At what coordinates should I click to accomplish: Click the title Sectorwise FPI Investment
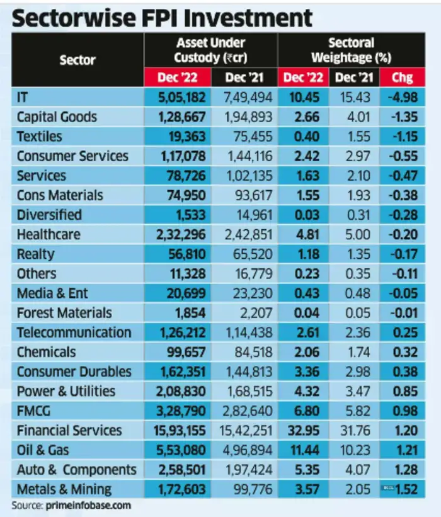click(163, 17)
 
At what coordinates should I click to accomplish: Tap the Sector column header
click(77, 60)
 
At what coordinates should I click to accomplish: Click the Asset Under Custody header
click(210, 50)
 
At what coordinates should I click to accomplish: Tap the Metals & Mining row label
click(64, 489)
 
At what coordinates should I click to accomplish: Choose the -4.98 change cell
click(403, 98)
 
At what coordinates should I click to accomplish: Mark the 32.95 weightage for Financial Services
click(305, 431)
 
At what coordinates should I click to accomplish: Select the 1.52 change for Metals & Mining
click(407, 489)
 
